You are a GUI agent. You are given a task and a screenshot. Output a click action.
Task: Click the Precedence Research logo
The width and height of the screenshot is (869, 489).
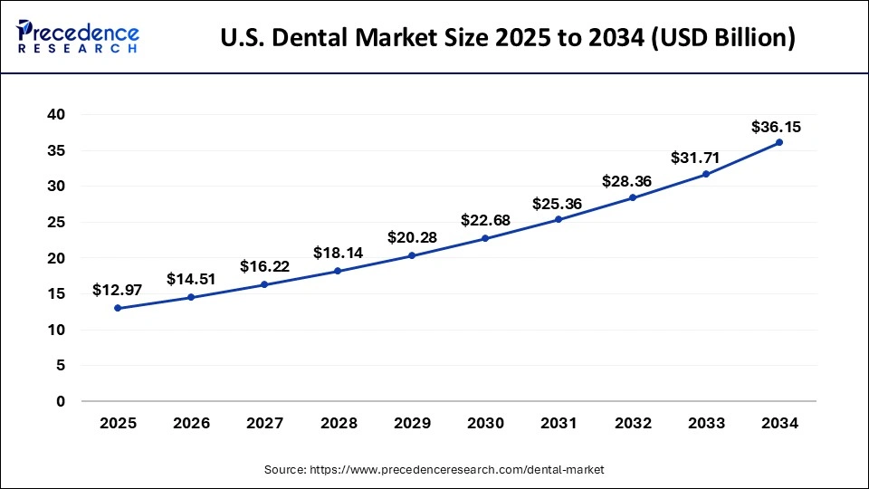point(78,37)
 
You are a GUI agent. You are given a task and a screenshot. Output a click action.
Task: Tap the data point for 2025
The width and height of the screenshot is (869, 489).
point(118,308)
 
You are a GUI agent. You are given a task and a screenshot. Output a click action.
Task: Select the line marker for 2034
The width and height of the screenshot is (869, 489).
point(779,142)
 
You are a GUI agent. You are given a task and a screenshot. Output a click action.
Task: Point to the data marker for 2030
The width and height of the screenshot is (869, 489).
point(485,238)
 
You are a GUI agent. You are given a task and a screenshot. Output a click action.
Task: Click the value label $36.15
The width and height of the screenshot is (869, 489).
point(776,127)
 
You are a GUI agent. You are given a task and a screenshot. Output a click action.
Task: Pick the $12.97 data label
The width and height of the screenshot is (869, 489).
point(117,290)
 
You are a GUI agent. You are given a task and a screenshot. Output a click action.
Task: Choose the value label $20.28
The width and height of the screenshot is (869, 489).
point(412,237)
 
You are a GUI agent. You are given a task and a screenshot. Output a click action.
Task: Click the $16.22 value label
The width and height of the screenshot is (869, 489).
point(264,266)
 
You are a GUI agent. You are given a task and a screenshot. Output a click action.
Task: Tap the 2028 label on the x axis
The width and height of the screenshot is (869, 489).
point(338,423)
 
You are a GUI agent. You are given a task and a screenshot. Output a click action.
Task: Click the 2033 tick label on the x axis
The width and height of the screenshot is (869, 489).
point(706,423)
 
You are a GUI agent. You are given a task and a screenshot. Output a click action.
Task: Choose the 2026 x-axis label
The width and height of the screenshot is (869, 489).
point(191,423)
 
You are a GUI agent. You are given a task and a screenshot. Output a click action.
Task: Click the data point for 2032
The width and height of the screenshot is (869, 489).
point(633,197)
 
